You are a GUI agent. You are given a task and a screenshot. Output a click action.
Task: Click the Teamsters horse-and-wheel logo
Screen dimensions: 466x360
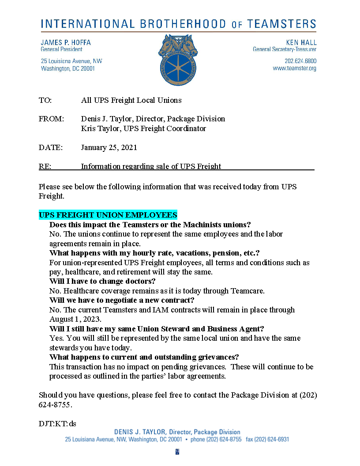[178, 60]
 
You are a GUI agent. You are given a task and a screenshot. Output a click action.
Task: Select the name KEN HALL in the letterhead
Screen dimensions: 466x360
[301, 42]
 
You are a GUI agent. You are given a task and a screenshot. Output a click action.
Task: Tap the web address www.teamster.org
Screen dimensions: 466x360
[294, 68]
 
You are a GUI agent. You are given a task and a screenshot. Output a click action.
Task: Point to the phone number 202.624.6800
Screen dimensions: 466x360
[300, 61]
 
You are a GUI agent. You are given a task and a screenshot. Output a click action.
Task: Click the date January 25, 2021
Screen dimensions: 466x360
[109, 147]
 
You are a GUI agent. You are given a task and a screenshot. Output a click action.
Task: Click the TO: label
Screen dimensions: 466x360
[45, 100]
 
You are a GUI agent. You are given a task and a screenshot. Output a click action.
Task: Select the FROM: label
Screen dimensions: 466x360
[51, 119]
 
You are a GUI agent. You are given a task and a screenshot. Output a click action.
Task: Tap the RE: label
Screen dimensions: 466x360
[45, 166]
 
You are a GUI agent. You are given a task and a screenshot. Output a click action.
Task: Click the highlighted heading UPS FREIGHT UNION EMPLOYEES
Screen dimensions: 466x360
[108, 215]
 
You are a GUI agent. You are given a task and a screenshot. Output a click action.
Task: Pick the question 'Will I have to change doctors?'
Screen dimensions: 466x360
[102, 281]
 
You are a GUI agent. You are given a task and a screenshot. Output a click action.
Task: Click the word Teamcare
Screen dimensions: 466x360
[249, 291]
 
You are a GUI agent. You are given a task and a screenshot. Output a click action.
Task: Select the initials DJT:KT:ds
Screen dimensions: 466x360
[57, 424]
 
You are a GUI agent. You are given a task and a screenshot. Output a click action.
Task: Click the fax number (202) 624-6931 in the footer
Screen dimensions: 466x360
[274, 440]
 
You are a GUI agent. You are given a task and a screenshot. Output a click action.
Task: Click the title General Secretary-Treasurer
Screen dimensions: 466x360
[284, 49]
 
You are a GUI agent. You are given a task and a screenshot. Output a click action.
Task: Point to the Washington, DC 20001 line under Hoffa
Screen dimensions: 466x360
[68, 68]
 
